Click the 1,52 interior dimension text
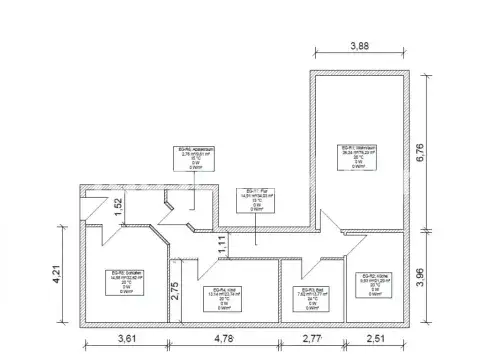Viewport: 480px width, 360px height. [117, 207]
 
